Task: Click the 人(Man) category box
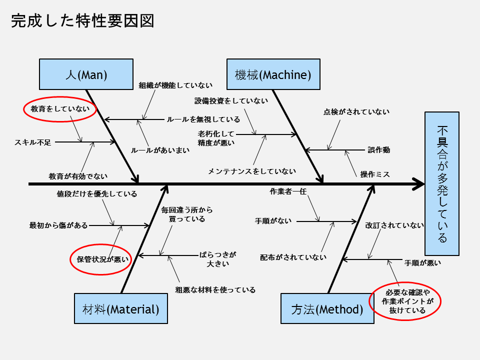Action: click(x=86, y=74)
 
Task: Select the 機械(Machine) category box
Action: click(x=273, y=74)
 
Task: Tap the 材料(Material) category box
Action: click(x=121, y=308)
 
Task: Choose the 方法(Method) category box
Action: click(x=327, y=308)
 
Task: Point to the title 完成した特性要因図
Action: click(x=82, y=20)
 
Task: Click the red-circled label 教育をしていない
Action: click(x=60, y=108)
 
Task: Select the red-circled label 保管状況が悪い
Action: click(x=99, y=259)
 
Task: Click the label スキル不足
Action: click(x=33, y=142)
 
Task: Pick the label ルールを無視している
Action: click(x=203, y=119)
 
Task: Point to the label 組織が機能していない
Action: click(x=175, y=85)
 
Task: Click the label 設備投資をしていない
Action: click(x=231, y=100)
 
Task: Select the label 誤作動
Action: click(x=378, y=149)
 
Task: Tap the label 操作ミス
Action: click(x=375, y=174)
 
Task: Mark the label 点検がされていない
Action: click(x=356, y=111)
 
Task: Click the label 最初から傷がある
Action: click(x=58, y=225)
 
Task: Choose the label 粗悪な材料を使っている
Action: click(x=215, y=289)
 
